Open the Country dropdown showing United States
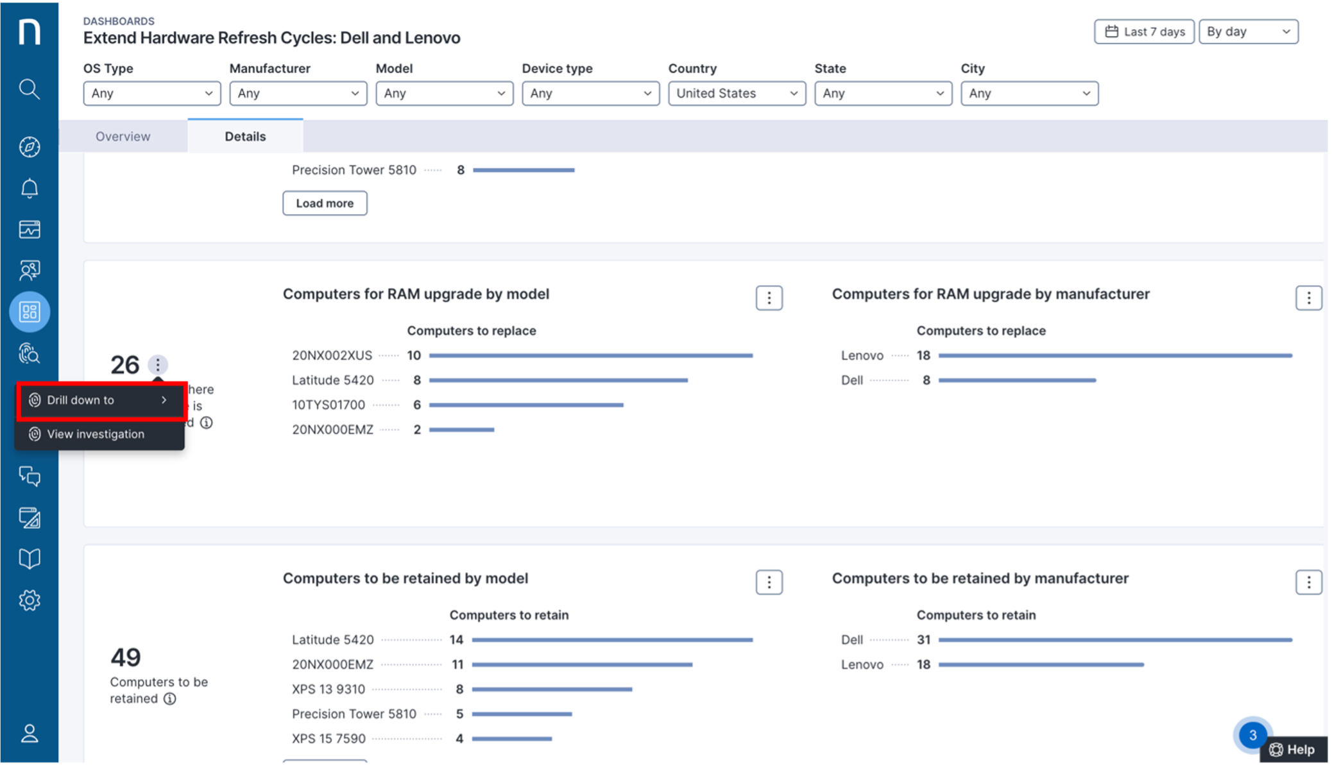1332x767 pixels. [x=737, y=94]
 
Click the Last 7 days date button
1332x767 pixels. [x=1144, y=31]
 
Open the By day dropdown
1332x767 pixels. [x=1248, y=31]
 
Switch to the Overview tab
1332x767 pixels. [x=123, y=137]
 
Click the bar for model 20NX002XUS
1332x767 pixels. [x=590, y=355]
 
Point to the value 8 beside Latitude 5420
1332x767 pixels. [x=417, y=380]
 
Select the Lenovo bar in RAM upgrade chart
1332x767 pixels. [x=1114, y=355]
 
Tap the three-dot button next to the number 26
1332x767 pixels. [x=158, y=365]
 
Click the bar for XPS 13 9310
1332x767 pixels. [x=552, y=689]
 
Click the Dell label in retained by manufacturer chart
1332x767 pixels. [x=852, y=640]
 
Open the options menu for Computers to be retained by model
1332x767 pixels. [x=769, y=582]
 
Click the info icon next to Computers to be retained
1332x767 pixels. [x=170, y=699]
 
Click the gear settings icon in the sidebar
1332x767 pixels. [x=30, y=600]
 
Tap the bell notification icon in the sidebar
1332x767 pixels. [x=30, y=189]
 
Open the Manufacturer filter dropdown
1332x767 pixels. [x=298, y=94]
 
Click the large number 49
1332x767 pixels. [x=126, y=657]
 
